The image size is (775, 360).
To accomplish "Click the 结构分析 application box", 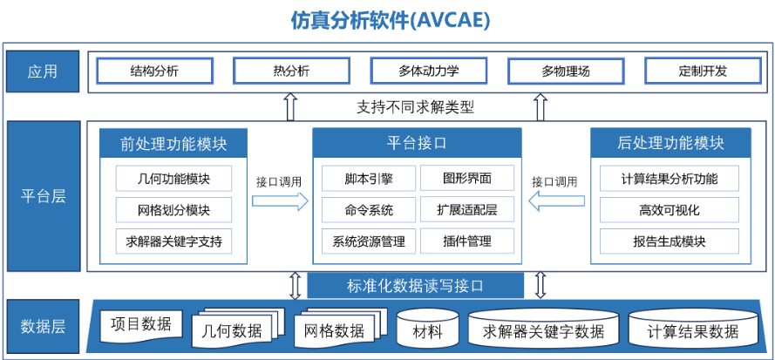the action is point(154,71).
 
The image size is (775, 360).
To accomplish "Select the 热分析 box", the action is point(291,71).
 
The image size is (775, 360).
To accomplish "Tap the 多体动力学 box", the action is point(429,71).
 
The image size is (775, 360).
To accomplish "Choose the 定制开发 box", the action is point(703,71).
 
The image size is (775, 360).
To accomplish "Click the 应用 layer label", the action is point(43,71).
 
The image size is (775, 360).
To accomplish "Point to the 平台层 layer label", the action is point(44,196).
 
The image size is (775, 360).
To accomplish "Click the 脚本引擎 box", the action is point(369,178).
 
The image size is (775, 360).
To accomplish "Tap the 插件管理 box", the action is point(467,241).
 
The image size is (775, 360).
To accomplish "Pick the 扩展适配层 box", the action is point(467,210).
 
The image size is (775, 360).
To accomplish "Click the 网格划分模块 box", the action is point(174,210).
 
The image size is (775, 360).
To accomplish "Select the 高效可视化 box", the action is point(670,210).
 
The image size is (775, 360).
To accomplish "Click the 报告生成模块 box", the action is point(670,241).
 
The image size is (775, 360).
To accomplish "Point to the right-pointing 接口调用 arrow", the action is point(280,200).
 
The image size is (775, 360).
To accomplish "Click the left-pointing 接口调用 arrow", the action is point(556,200).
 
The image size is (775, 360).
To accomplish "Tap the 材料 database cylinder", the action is point(428,328).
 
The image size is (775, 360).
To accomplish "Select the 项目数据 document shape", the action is point(141,326).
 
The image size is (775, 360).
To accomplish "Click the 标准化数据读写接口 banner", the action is point(415,286).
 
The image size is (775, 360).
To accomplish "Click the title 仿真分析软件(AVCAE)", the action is point(390,21).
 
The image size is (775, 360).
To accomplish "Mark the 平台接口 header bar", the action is point(417,144).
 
